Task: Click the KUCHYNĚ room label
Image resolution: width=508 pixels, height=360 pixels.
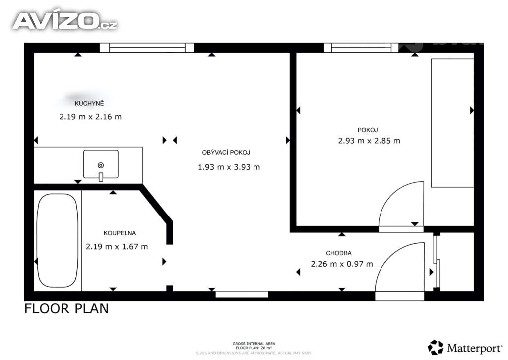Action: point(89,104)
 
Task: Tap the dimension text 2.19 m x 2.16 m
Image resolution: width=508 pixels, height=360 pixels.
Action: point(90,117)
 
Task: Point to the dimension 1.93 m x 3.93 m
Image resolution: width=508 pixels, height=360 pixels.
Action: point(229,167)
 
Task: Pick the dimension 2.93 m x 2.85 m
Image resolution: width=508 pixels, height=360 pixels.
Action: point(369,141)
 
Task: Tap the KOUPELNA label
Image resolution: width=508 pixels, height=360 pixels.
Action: point(120,233)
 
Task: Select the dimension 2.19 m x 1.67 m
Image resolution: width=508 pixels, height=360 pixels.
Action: point(117,246)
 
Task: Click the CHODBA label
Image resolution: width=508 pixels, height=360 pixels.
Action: point(339,253)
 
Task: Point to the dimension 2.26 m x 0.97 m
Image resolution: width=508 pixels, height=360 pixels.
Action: point(342,264)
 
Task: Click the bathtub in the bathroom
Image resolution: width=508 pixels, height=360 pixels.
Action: point(58,240)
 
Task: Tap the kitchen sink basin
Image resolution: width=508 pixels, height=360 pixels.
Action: point(101,164)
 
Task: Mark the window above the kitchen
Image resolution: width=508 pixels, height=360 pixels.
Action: point(147,48)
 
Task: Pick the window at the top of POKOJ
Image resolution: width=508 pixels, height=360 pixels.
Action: point(361,48)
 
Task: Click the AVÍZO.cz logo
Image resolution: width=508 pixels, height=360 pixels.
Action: point(64,21)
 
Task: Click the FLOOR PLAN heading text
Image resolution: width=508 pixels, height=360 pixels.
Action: point(66,309)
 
